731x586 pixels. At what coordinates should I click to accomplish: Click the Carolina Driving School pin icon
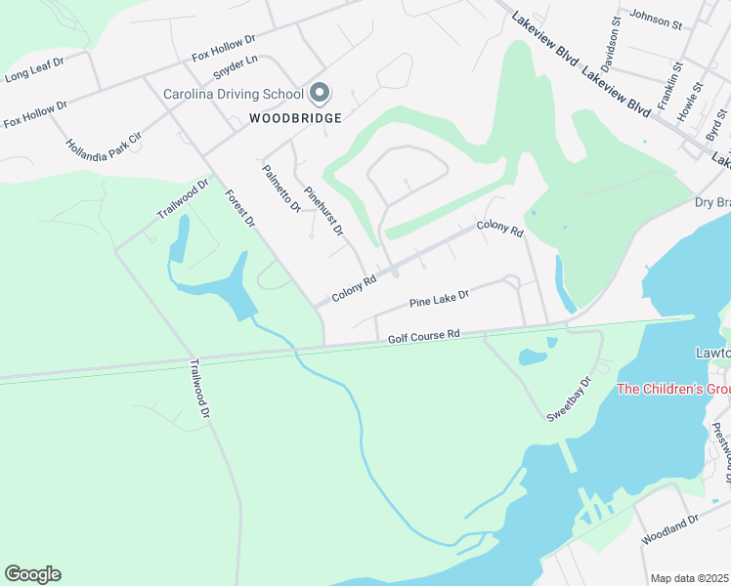[320, 94]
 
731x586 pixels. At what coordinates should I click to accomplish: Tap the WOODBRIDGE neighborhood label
[295, 118]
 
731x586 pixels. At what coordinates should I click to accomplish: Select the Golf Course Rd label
[423, 336]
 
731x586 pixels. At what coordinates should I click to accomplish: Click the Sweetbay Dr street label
[570, 399]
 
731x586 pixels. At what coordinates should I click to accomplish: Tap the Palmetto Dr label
[281, 188]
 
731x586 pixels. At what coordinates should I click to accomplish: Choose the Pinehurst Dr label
[323, 210]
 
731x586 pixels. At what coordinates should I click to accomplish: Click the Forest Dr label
[239, 208]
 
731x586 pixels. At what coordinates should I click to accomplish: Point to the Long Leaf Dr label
[34, 73]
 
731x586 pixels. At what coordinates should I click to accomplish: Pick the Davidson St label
[611, 45]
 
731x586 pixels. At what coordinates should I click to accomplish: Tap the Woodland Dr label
[670, 549]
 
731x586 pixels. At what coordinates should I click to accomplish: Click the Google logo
[32, 574]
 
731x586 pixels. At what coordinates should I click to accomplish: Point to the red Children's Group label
[672, 390]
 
